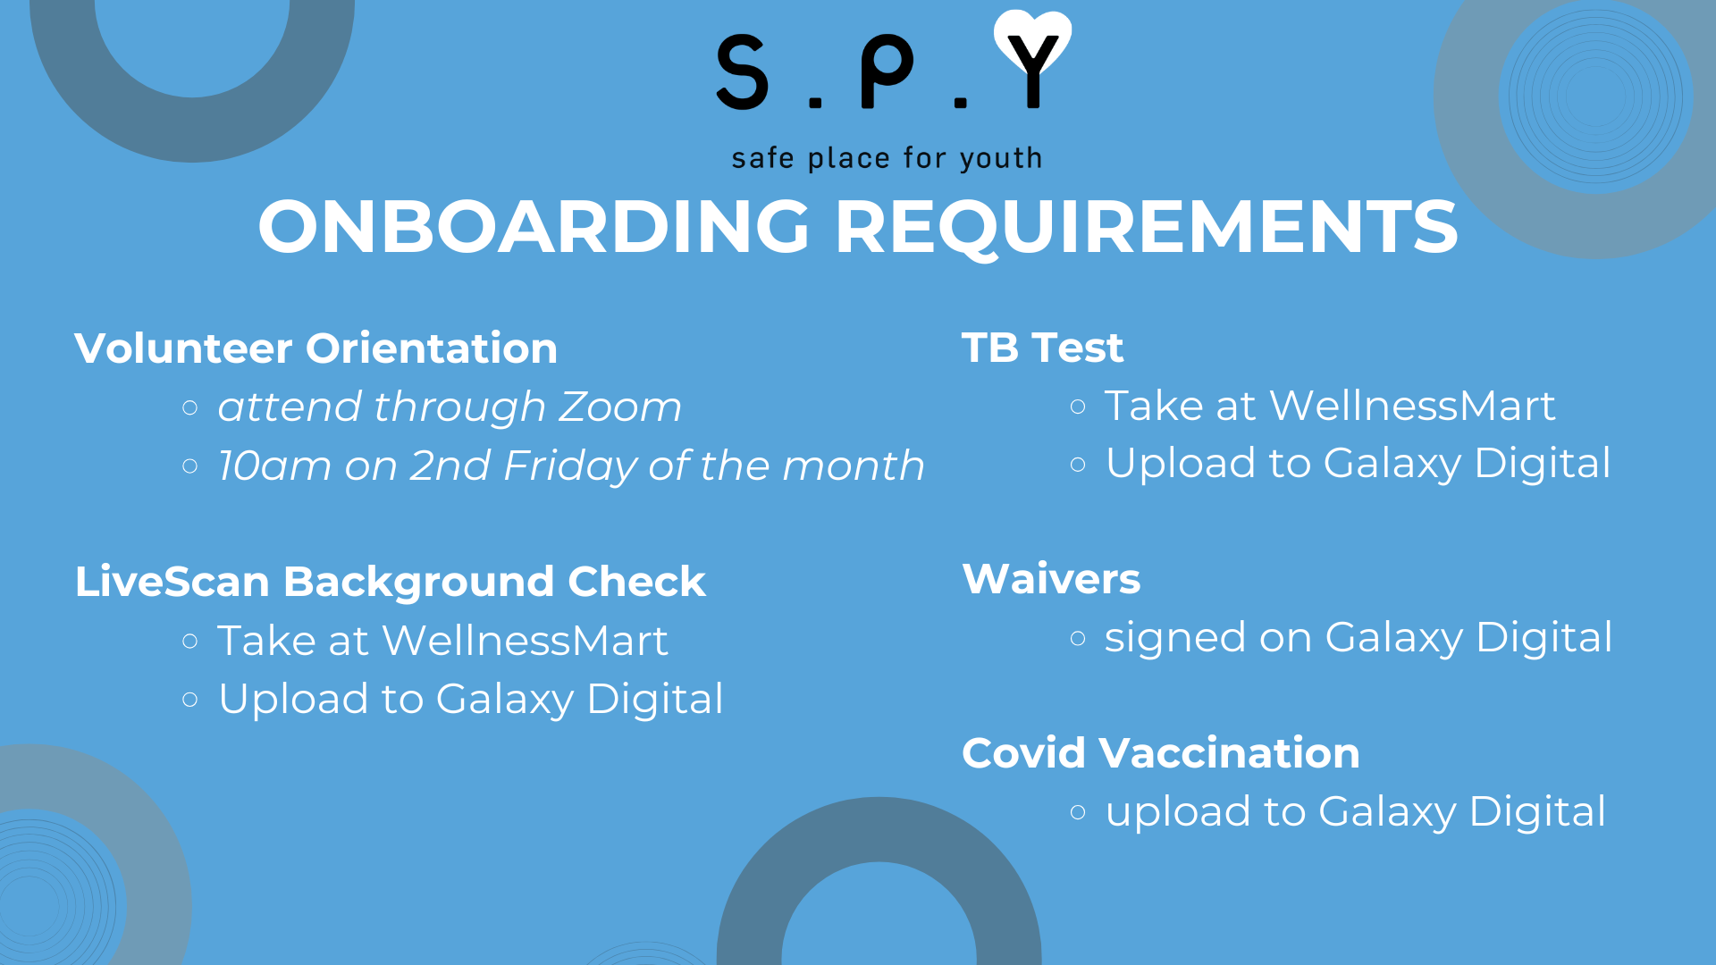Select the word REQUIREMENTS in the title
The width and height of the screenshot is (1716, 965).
(1147, 228)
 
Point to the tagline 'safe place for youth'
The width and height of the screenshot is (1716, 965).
(887, 159)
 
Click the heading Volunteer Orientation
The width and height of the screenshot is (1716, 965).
(316, 348)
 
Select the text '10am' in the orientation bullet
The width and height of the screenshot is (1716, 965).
(274, 466)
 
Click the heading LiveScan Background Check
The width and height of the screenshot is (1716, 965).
(391, 582)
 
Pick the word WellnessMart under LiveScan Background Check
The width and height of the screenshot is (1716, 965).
(526, 641)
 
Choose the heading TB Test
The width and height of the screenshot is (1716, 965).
(1042, 348)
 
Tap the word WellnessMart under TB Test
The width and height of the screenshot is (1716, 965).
(1413, 406)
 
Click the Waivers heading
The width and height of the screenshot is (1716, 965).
(1051, 579)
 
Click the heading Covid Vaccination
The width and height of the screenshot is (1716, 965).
(1161, 753)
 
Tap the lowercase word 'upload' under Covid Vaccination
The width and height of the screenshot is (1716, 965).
(1178, 813)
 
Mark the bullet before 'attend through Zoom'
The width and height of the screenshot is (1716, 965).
(189, 408)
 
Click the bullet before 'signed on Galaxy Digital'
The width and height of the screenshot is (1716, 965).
(1078, 638)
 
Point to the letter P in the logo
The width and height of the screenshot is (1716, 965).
(886, 73)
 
